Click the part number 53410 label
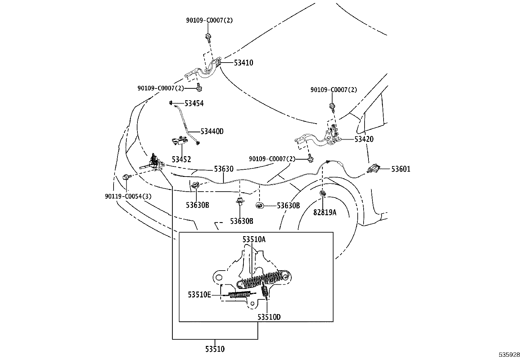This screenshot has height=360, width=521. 243,63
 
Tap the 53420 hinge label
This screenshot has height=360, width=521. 364,139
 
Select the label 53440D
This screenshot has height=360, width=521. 212,131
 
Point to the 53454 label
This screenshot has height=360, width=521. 194,104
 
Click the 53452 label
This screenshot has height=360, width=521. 181,160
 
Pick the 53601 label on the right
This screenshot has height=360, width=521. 401,169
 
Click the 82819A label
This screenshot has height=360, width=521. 325,212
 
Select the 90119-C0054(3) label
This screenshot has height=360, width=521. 128,197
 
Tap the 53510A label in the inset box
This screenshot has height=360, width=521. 254,239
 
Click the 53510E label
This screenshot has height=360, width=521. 199,294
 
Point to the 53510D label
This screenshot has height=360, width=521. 269,317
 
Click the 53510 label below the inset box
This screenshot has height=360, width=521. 215,349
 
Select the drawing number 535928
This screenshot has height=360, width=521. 509,355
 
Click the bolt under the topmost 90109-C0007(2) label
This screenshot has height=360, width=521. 207,37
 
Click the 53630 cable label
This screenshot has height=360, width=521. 224,169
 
